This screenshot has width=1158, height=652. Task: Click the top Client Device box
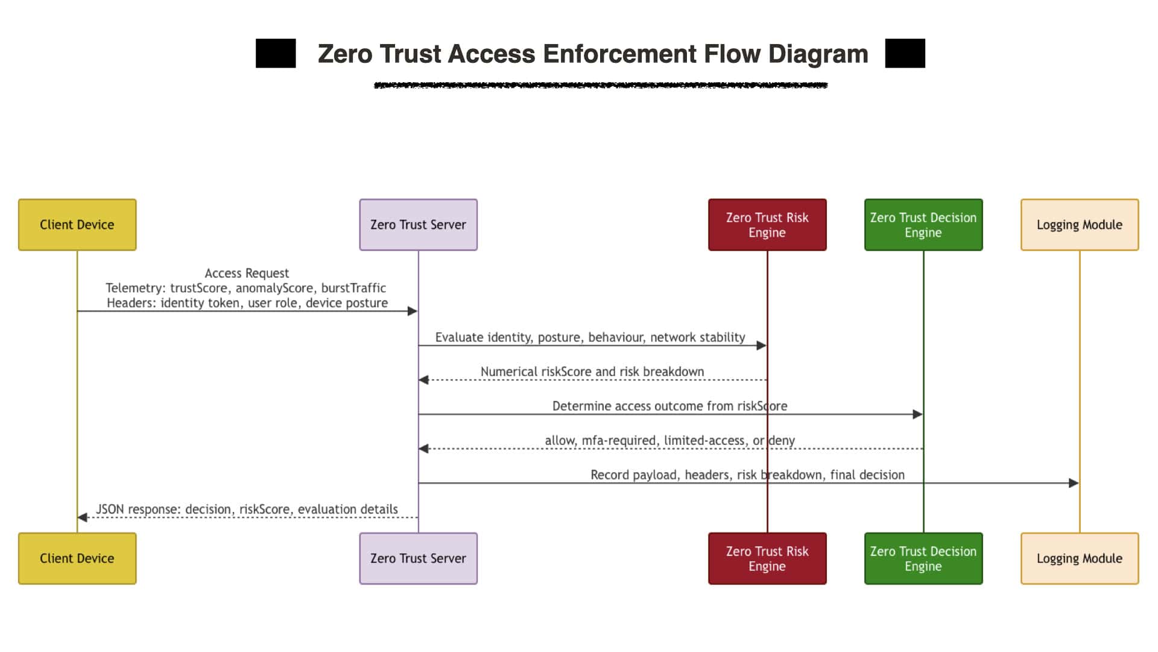(x=77, y=225)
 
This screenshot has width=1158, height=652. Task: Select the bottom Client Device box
(x=77, y=558)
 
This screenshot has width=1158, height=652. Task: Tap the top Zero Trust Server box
(x=419, y=225)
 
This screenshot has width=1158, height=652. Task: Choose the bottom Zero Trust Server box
(x=419, y=558)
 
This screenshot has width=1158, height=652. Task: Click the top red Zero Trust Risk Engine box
(x=767, y=225)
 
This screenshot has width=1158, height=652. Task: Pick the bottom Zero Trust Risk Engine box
(x=767, y=558)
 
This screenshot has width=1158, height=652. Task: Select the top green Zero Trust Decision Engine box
(x=923, y=225)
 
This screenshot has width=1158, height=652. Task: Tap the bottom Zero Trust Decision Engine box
(x=923, y=558)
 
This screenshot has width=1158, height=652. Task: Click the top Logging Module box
(x=1080, y=225)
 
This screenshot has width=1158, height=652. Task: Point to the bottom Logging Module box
(x=1080, y=558)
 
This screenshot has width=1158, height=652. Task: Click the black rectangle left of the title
(x=276, y=53)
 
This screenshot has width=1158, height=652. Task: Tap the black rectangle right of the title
(x=905, y=53)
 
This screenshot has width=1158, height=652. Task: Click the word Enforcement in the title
(x=619, y=54)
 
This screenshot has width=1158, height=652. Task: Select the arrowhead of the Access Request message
(x=413, y=311)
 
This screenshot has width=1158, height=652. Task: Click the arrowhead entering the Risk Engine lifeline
(x=761, y=345)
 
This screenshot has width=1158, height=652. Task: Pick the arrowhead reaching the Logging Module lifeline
(x=1074, y=483)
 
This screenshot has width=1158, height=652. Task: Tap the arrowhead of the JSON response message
(x=83, y=517)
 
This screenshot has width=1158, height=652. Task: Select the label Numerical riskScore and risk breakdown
(x=592, y=372)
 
